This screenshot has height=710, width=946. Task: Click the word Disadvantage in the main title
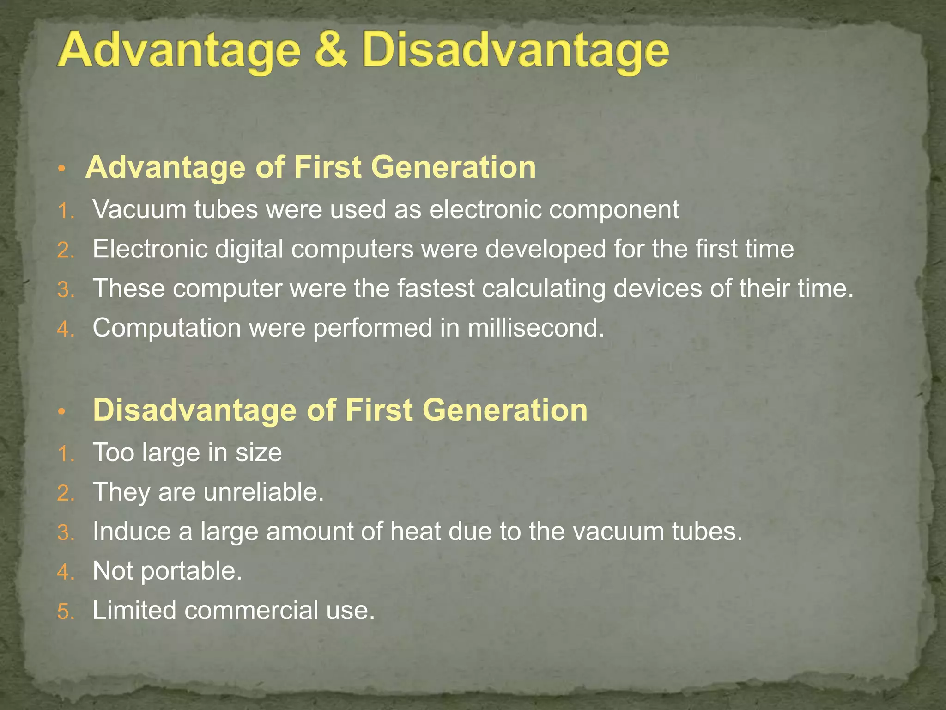click(515, 52)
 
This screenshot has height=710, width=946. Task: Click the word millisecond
click(535, 328)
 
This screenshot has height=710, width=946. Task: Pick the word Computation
click(167, 329)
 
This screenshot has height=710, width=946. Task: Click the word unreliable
click(263, 492)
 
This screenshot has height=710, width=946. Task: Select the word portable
click(191, 572)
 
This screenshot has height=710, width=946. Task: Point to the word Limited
click(134, 610)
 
